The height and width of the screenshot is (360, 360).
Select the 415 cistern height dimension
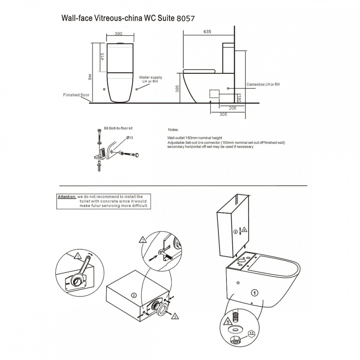(x=102, y=57)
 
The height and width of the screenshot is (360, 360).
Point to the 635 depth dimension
(x=207, y=31)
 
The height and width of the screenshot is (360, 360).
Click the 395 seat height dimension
(x=177, y=89)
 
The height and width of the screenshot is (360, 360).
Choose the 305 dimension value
(x=223, y=114)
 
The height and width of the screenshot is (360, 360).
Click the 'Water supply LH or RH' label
(x=150, y=79)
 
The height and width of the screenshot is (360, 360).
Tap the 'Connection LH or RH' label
(x=263, y=84)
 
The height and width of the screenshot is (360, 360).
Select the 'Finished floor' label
(x=76, y=95)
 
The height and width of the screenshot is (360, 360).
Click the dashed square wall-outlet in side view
(x=214, y=93)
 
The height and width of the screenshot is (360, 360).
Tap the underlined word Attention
(x=67, y=197)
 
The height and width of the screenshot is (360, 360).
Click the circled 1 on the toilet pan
(x=254, y=293)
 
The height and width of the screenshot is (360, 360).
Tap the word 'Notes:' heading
(x=173, y=129)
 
